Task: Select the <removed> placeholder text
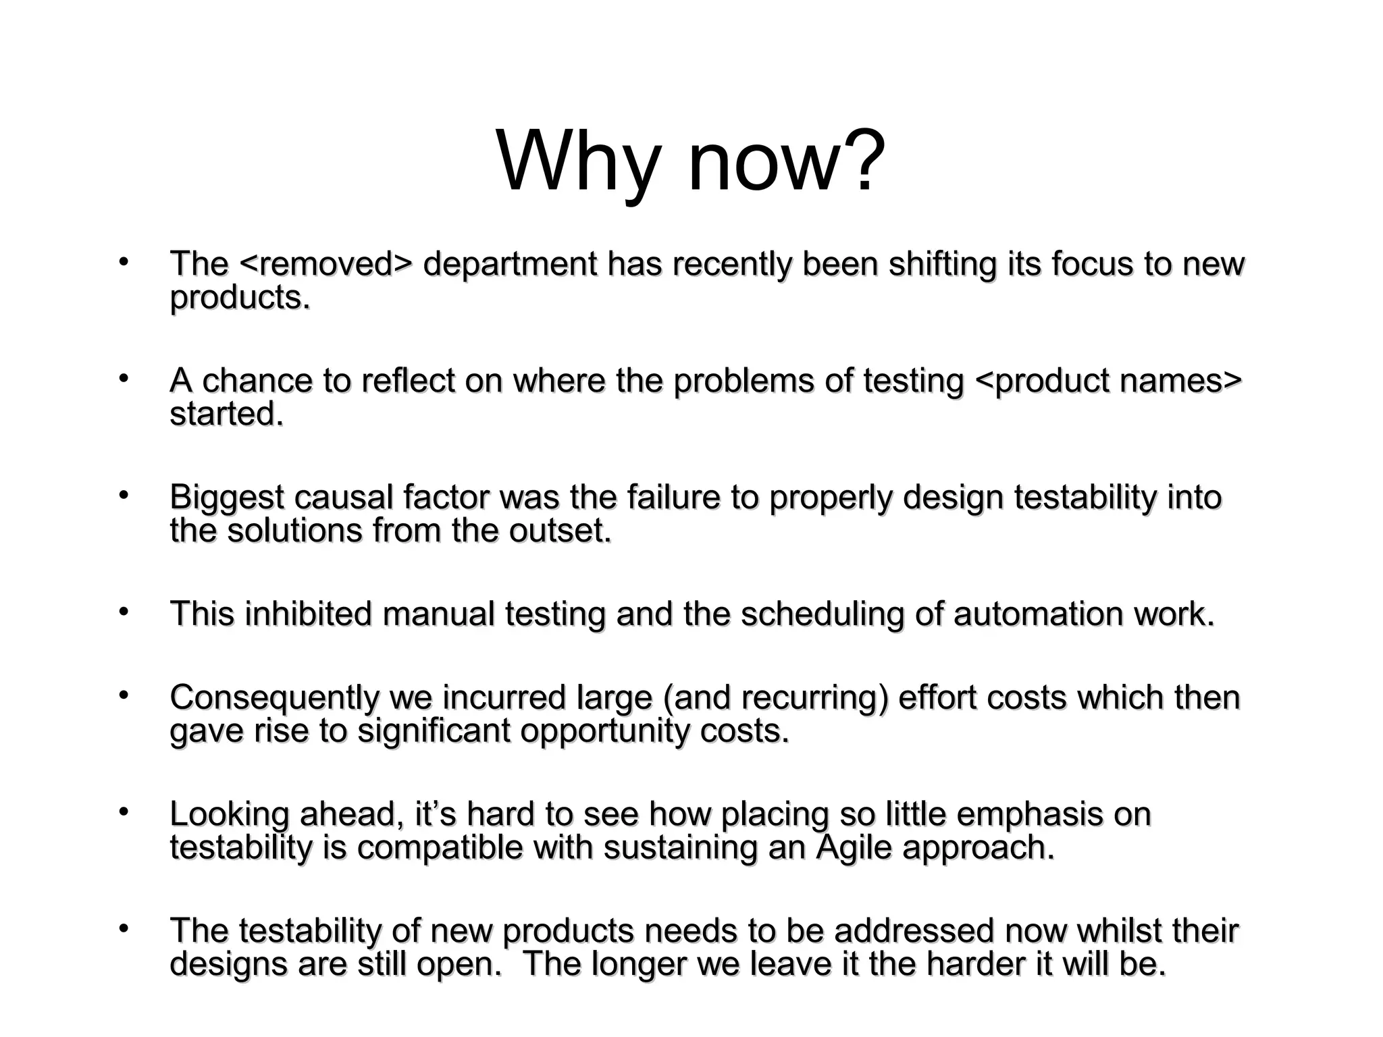325,264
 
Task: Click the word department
510,265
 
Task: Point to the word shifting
942,265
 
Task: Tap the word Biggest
227,498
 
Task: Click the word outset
560,531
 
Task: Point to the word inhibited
308,614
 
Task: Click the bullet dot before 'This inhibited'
122,612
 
